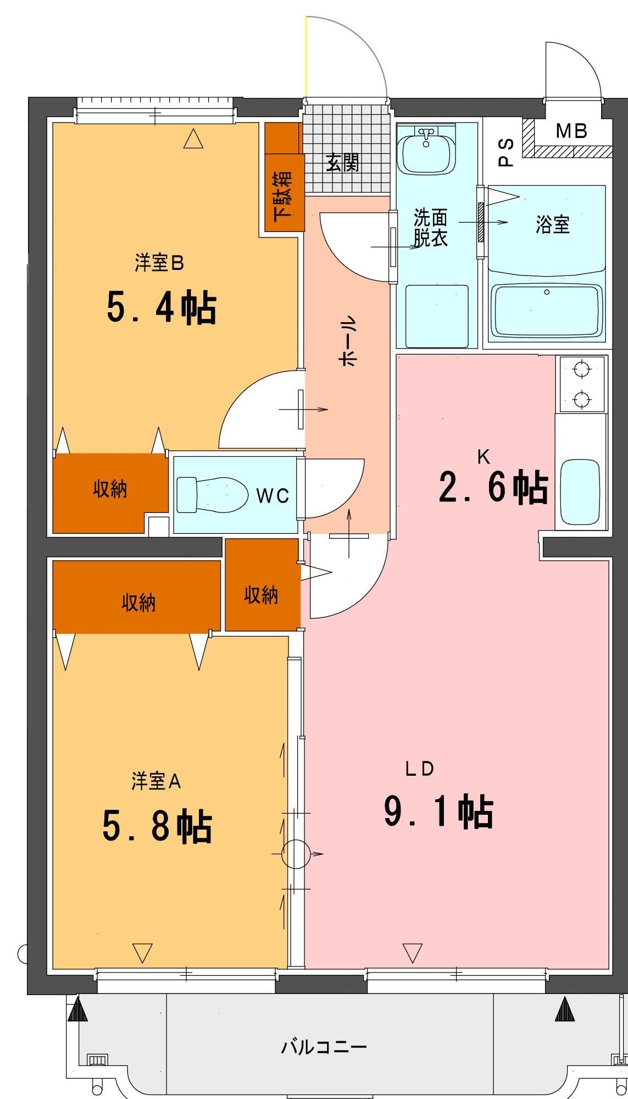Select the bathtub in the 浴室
[546, 311]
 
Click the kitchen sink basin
[580, 493]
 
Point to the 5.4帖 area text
[161, 308]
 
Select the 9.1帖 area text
[438, 811]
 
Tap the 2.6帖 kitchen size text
[493, 487]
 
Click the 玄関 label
[343, 162]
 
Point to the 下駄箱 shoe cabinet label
[283, 194]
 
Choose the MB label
[571, 131]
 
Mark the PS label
[505, 152]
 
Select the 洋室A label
[156, 781]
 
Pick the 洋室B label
[159, 263]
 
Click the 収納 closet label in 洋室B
[110, 489]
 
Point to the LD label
[420, 769]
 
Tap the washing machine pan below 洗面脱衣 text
[437, 316]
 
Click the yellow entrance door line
[306, 55]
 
